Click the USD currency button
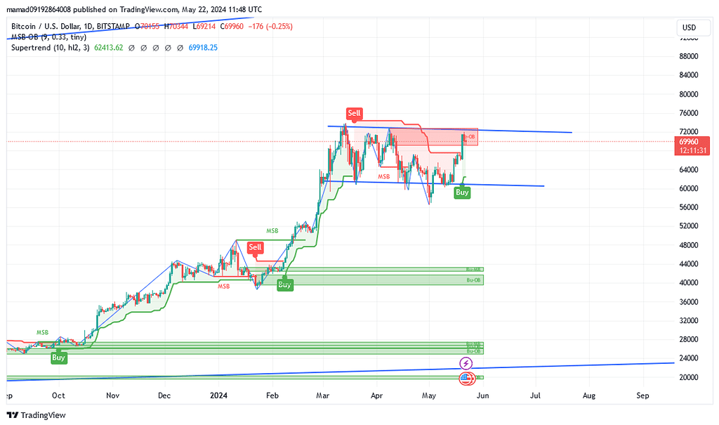coord(688,27)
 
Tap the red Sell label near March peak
coord(354,113)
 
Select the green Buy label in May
coord(462,192)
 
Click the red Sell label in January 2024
coord(255,247)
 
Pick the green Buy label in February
coord(284,285)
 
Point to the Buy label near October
coord(59,358)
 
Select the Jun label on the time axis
coord(482,396)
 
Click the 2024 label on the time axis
coord(219,396)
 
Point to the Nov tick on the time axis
coord(112,396)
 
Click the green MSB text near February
coord(272,230)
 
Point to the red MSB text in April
coord(384,176)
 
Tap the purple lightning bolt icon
coord(466,363)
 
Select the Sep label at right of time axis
coord(642,396)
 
